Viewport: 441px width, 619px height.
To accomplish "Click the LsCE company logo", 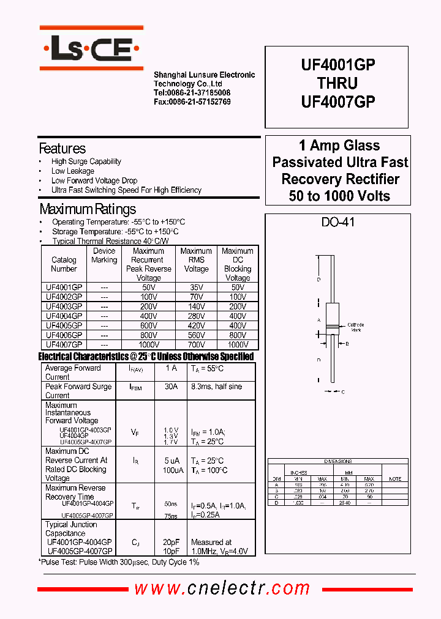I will [x=91, y=48].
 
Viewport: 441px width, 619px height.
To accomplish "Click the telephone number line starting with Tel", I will [x=192, y=93].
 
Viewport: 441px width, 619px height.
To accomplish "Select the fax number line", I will [x=192, y=102].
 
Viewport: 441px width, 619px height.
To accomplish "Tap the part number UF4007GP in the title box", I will [x=338, y=102].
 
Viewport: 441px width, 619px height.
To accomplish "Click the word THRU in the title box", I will [x=337, y=83].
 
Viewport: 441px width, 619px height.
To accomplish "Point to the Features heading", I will [x=62, y=149].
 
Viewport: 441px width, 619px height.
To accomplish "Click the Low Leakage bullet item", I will [x=72, y=171].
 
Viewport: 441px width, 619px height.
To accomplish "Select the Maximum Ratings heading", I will [x=88, y=209].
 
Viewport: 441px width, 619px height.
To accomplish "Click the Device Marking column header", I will [x=104, y=256].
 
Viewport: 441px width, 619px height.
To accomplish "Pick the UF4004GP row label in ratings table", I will [x=64, y=316].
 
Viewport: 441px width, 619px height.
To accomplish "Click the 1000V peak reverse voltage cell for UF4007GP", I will [x=148, y=345].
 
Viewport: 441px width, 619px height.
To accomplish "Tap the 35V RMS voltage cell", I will [x=196, y=287].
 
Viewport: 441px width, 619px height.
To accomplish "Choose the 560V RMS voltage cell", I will [x=196, y=335].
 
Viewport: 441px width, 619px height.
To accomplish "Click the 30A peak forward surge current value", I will [x=171, y=387].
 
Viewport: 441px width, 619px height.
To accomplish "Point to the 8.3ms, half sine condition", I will [x=216, y=387].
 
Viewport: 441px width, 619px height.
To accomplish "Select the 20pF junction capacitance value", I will [x=171, y=542].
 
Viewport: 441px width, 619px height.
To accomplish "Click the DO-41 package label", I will [x=337, y=223].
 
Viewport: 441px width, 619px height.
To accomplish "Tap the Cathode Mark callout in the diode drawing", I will [x=356, y=327].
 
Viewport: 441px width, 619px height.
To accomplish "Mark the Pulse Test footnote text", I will [x=119, y=561].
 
